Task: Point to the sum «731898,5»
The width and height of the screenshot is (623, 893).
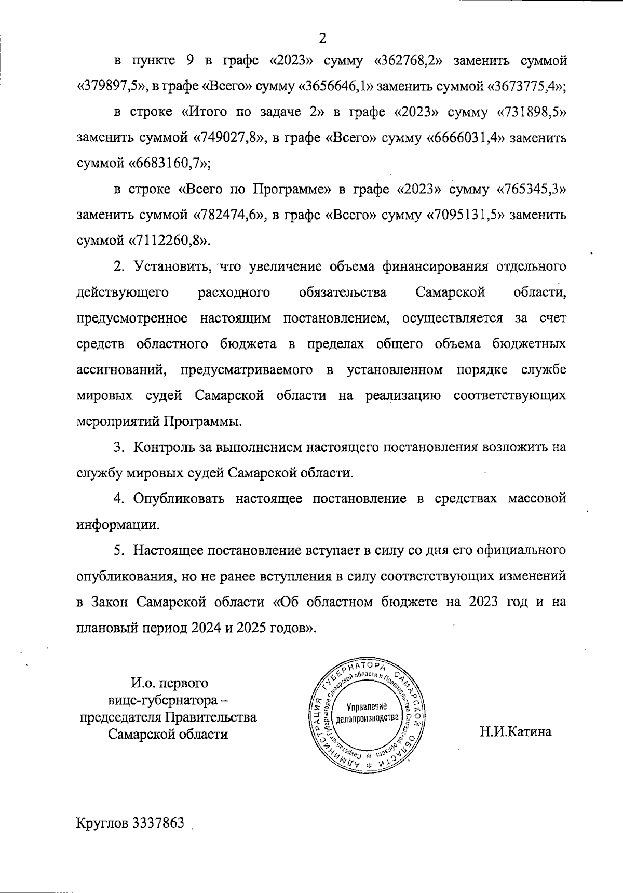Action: click(x=531, y=112)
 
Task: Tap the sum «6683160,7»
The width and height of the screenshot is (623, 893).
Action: click(x=169, y=164)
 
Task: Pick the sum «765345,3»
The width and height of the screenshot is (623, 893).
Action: click(x=531, y=190)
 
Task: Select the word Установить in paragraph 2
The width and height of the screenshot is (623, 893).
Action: click(x=172, y=267)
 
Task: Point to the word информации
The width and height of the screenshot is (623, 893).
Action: click(x=118, y=524)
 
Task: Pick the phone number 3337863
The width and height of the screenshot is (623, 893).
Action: click(x=159, y=824)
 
